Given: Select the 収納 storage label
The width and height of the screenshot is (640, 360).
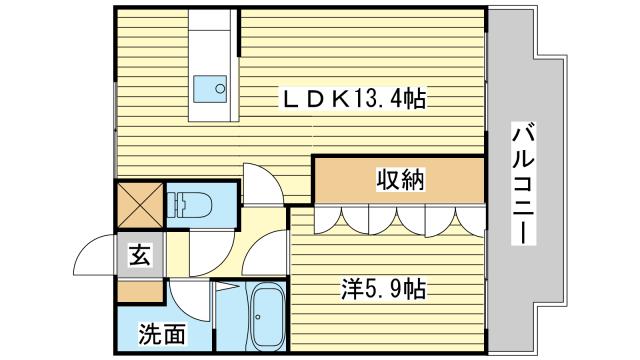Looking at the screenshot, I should [400, 180].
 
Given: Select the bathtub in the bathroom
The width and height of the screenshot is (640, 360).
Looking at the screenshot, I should [266, 318].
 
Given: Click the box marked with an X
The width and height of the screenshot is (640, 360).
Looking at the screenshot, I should [139, 204].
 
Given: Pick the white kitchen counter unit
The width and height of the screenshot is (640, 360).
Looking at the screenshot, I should [211, 65].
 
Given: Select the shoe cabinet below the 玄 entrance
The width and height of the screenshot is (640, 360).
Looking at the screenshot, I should [139, 291].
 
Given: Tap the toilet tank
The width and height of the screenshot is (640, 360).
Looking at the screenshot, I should [173, 204].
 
